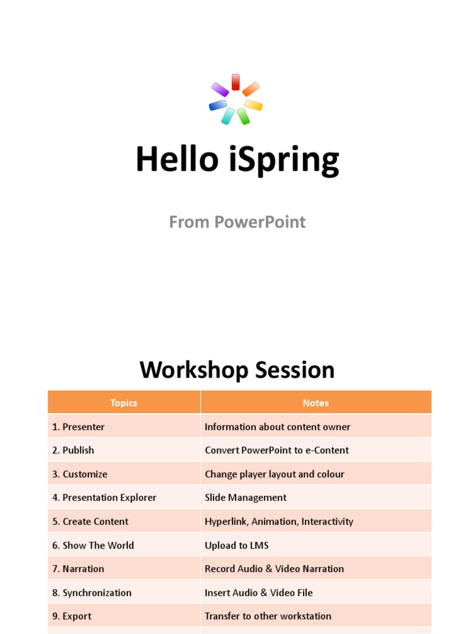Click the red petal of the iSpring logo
[236, 82]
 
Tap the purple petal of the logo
[220, 90]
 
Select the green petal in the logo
[243, 116]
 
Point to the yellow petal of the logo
[254, 105]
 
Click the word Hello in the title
[177, 159]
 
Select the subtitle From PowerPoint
[237, 222]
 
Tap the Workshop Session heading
[237, 370]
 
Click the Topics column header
[124, 402]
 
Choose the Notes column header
[315, 402]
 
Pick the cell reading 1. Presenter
[79, 427]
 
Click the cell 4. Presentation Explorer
[105, 497]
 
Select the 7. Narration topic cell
[79, 568]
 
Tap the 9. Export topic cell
[72, 616]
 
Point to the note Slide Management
[246, 497]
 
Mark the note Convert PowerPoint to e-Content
[276, 450]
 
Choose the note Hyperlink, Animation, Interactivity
[279, 521]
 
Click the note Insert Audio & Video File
[259, 593]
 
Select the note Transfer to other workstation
[268, 616]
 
